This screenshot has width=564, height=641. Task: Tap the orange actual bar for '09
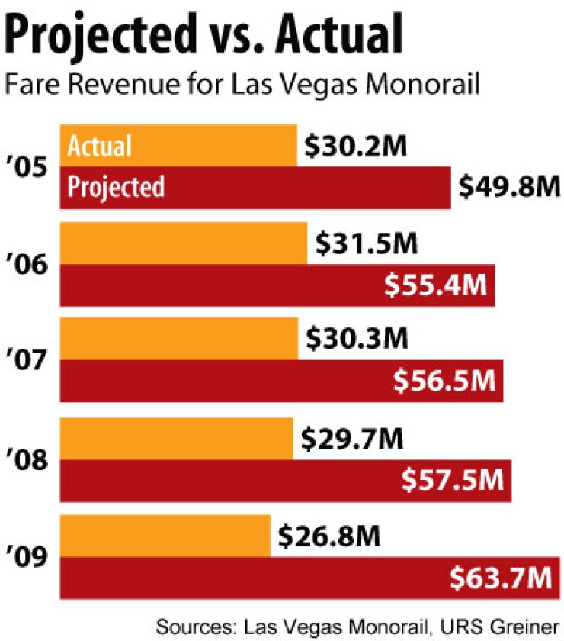pos(165,536)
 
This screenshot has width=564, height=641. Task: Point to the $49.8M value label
pos(508,186)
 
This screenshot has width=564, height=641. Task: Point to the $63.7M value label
pos(500,577)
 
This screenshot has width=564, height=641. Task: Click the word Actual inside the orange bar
pos(100,146)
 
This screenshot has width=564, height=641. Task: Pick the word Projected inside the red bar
pos(116,187)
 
